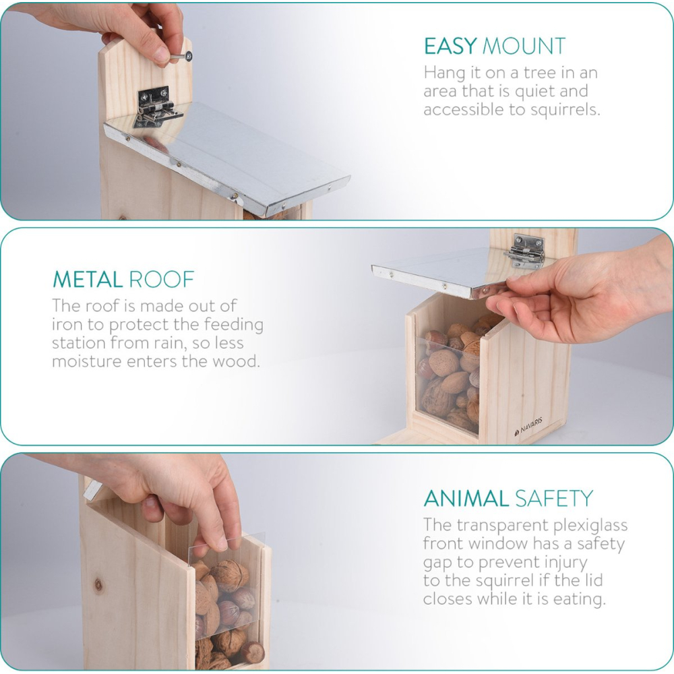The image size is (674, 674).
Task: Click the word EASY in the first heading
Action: (x=450, y=46)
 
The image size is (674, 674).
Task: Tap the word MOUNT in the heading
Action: (x=524, y=46)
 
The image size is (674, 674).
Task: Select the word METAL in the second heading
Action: (x=88, y=280)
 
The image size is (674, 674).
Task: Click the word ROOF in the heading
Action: (x=162, y=280)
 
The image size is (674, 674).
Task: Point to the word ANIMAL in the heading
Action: (x=466, y=499)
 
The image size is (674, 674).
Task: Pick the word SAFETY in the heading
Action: (x=554, y=499)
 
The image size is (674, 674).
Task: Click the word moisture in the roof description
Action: (x=87, y=361)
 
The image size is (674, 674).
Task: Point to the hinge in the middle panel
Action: (x=524, y=251)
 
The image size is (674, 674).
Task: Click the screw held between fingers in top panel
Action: (x=181, y=57)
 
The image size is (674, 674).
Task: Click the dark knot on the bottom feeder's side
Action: (x=98, y=584)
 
